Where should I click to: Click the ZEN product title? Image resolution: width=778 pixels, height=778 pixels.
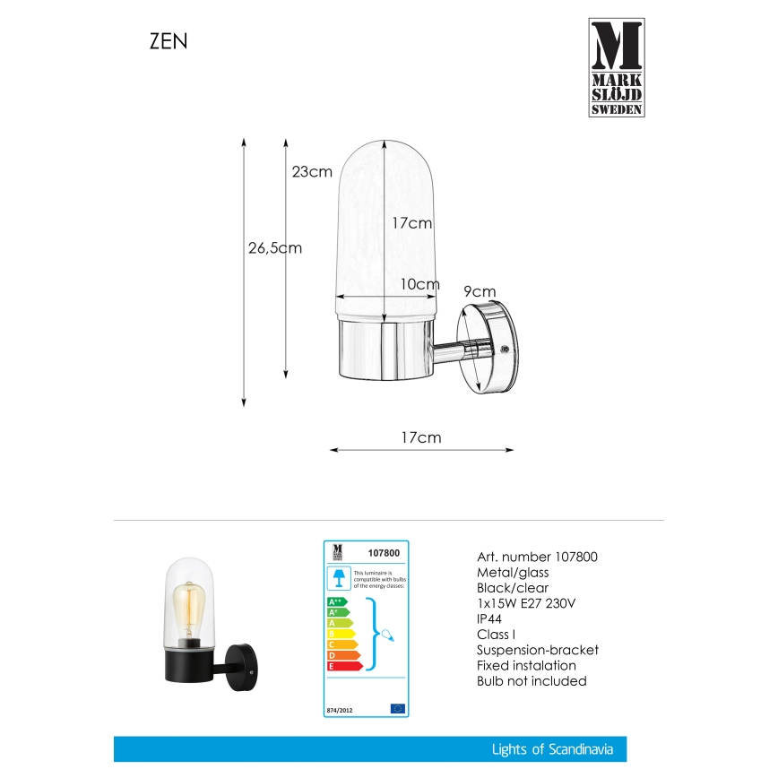168,42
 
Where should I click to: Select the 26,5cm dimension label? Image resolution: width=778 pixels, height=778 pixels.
274,248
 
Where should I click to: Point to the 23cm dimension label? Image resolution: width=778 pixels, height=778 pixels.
312,172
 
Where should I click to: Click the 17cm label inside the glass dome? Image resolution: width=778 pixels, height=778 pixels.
412,223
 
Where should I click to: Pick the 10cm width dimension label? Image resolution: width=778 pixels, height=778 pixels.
419,284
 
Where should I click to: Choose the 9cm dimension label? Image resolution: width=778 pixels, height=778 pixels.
480,291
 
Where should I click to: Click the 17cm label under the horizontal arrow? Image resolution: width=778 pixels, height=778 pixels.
420,438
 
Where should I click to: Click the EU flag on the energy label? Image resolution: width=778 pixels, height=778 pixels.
397,708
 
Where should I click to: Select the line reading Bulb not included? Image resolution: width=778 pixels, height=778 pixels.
532,681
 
